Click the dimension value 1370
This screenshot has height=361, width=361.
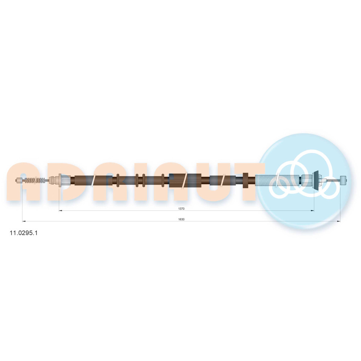[181, 209]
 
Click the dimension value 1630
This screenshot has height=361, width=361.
[181, 219]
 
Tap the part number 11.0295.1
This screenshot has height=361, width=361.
[23, 233]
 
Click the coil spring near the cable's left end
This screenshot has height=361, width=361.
[35, 180]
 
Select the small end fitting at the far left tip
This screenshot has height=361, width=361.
[19, 180]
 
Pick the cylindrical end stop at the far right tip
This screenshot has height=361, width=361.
[343, 180]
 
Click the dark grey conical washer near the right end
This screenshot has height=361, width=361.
[316, 180]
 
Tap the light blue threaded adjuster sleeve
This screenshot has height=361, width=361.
[277, 180]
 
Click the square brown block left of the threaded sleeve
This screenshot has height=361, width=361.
[245, 180]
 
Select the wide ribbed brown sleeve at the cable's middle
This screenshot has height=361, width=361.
[185, 180]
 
